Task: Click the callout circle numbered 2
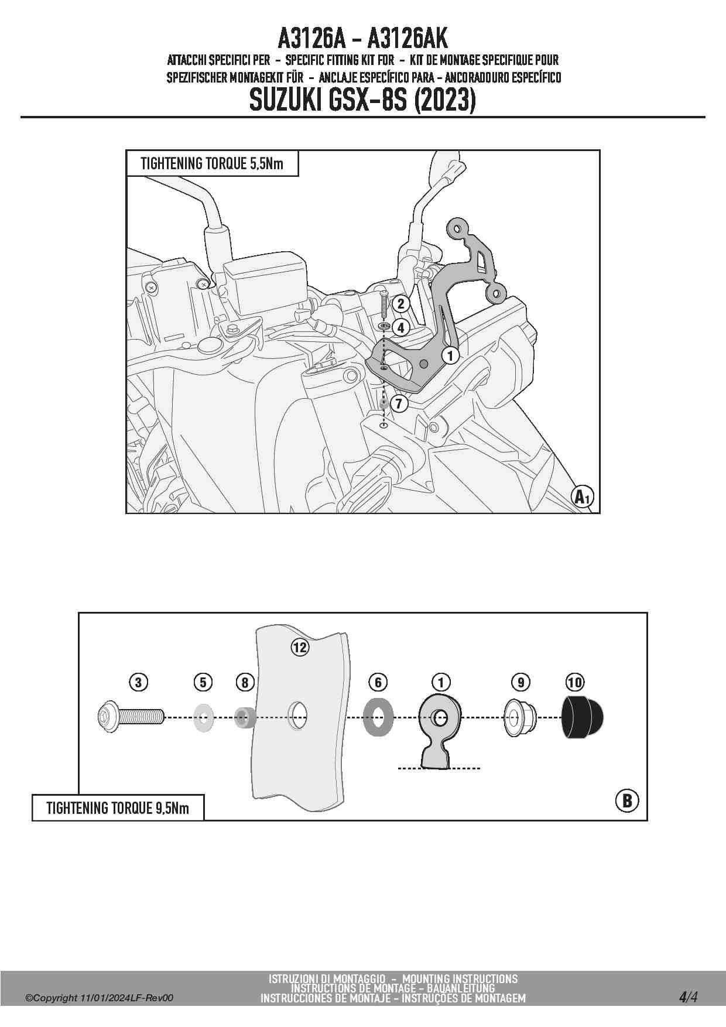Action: point(401,303)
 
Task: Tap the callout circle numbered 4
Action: point(401,327)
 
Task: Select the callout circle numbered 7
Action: point(399,403)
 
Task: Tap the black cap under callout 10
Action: point(583,717)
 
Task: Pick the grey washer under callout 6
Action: point(378,717)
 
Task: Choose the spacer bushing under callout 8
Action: point(245,717)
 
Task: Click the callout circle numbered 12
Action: point(300,647)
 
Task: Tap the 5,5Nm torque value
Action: point(266,163)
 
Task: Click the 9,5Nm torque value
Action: point(172,808)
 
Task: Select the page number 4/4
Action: point(688,997)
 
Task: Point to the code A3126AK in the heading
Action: point(407,39)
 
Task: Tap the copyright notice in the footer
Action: point(100,998)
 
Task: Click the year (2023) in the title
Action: point(444,101)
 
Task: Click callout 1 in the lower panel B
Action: point(441,682)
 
